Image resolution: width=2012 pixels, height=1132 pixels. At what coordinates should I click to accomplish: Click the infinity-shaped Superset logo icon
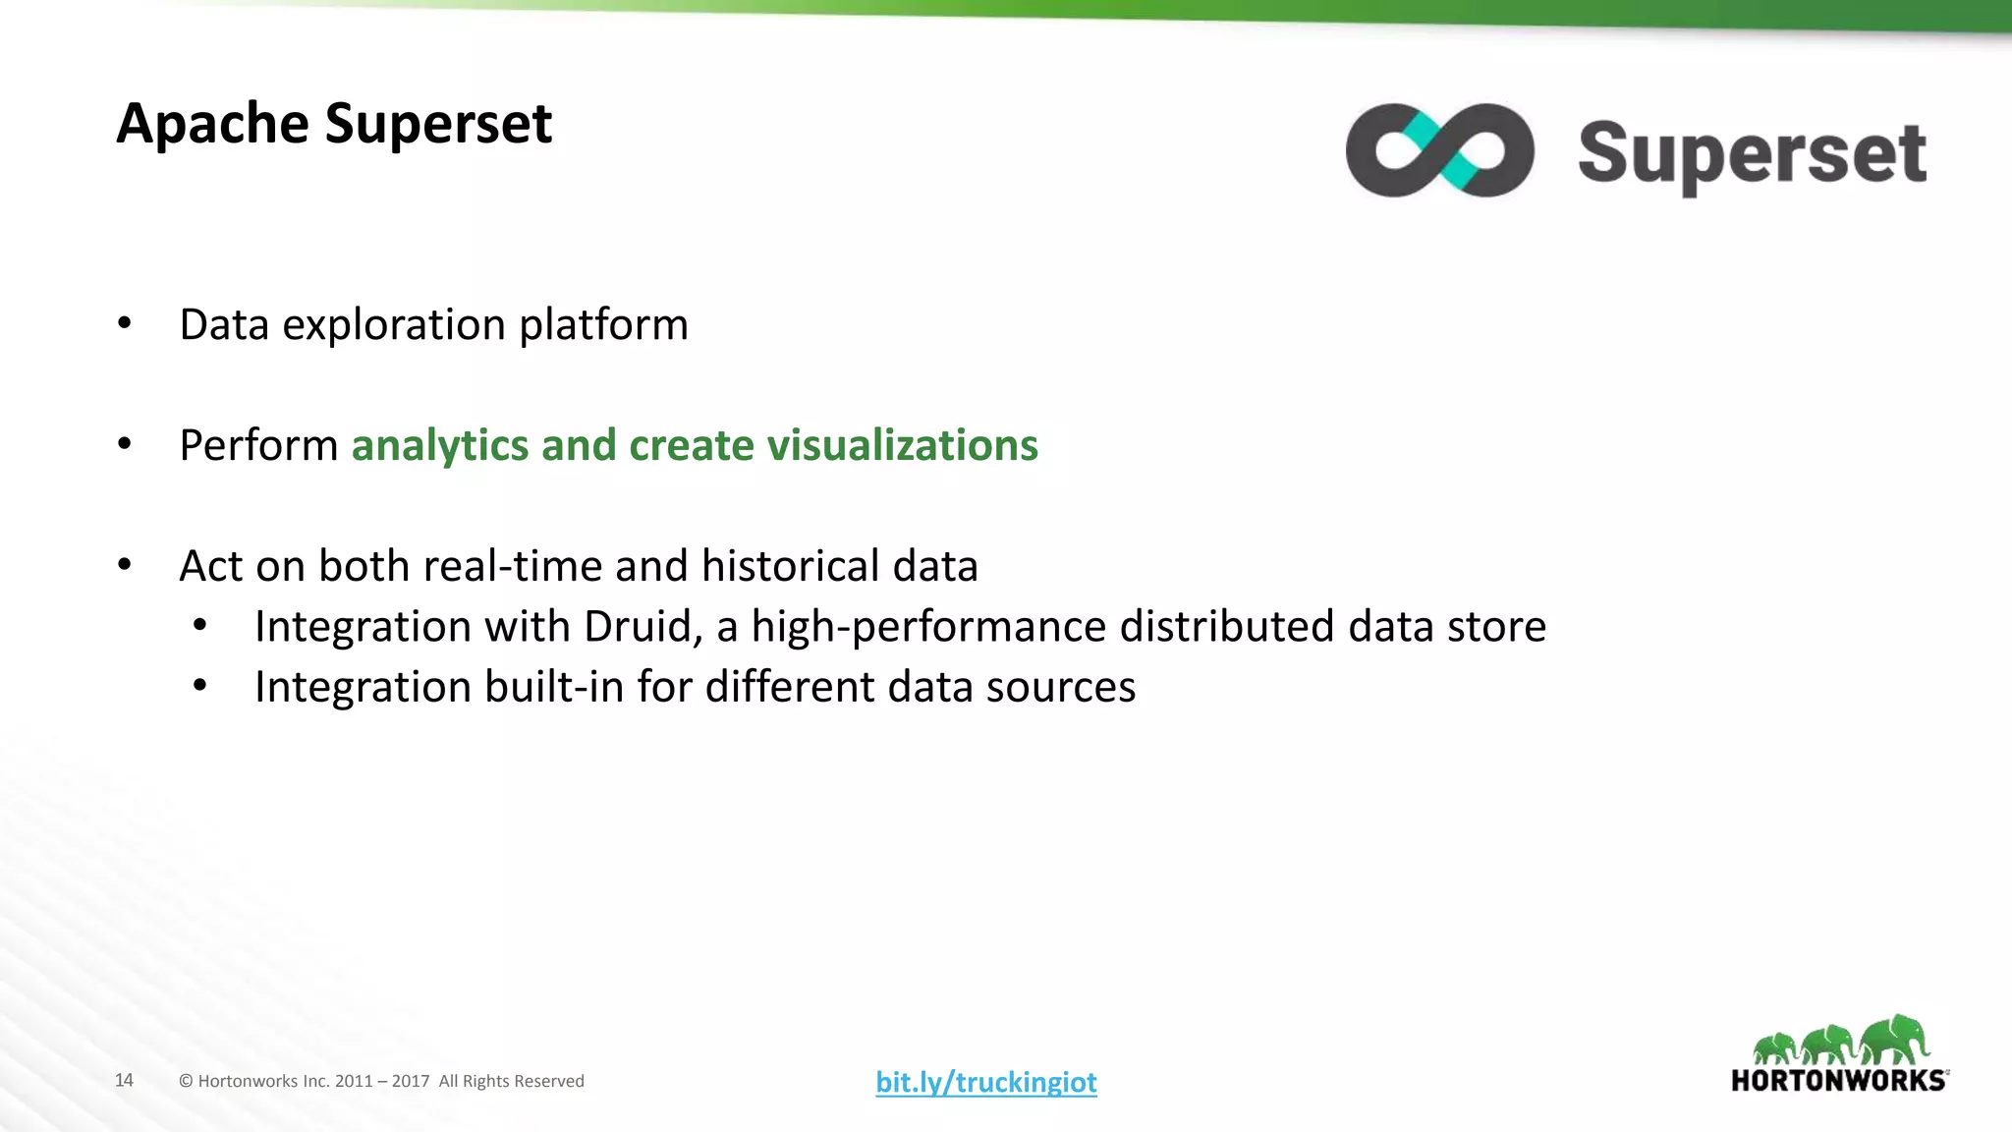tap(1439, 150)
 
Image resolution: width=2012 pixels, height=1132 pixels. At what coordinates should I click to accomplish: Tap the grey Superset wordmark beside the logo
tap(1752, 154)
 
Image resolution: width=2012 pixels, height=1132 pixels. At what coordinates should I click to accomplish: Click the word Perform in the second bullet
tap(258, 446)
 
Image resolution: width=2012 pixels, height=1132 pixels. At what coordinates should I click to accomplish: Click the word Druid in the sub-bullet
tap(642, 627)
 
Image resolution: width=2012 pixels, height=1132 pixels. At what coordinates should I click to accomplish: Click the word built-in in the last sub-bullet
tap(553, 687)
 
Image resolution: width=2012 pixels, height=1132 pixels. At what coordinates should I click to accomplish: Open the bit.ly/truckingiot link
tap(985, 1082)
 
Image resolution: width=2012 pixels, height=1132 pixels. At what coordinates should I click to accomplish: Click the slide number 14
tap(124, 1081)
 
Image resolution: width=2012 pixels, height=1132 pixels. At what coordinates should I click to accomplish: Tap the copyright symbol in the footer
tap(186, 1082)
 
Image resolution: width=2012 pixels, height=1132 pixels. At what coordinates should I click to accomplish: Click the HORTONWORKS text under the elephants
tap(1838, 1081)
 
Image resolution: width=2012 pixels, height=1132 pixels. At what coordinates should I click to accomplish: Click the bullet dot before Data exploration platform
tap(124, 323)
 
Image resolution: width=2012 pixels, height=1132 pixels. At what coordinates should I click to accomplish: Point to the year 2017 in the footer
tap(411, 1082)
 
